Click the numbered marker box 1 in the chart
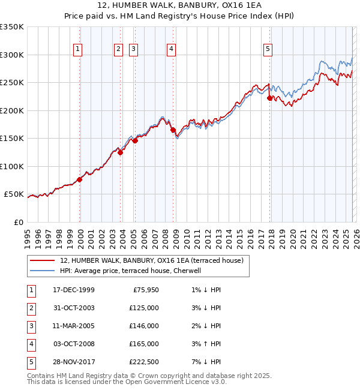(x=79, y=49)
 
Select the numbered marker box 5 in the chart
(x=268, y=49)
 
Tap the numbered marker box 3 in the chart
(x=133, y=49)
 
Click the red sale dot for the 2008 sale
(x=173, y=130)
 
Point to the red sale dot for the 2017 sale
(x=269, y=98)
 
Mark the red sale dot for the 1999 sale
(x=80, y=179)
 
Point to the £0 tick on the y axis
(x=18, y=222)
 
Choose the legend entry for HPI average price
(x=133, y=271)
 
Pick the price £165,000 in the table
(x=144, y=344)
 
